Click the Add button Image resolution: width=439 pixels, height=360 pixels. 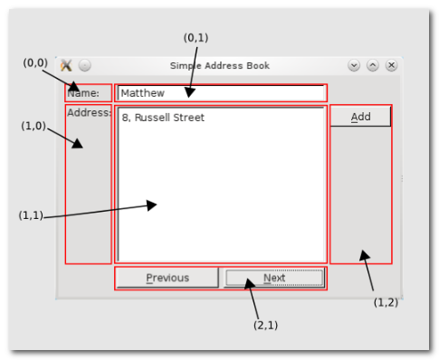coord(360,116)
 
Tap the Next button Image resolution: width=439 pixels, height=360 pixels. coord(274,278)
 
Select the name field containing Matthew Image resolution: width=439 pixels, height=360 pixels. coord(222,93)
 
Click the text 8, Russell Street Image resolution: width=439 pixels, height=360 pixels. coord(163,118)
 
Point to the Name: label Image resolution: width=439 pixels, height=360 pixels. coord(83,93)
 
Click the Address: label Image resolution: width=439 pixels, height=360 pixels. coord(90,112)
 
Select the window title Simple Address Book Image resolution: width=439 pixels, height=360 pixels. coord(220,65)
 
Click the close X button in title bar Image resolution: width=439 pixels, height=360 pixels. coord(391,65)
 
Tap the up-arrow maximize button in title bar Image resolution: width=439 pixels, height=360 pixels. coord(373,65)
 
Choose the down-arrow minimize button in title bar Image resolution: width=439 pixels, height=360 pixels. coord(354,65)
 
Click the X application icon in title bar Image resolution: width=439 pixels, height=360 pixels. coord(66,65)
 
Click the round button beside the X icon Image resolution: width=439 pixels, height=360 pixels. coord(85,65)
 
